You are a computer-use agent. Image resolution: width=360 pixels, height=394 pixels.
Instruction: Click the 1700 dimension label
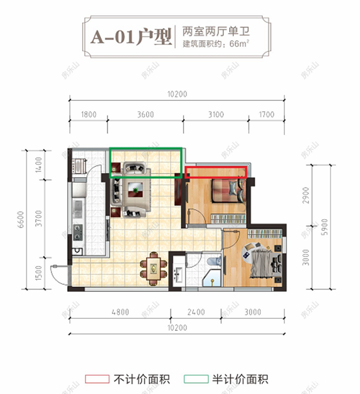[x=265, y=115]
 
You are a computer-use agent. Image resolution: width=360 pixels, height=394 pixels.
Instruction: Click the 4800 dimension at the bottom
[x=121, y=312]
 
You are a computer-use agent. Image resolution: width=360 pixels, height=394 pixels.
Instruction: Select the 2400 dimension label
[x=196, y=312]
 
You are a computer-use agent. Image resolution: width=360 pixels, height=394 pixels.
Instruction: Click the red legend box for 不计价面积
[x=97, y=379]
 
